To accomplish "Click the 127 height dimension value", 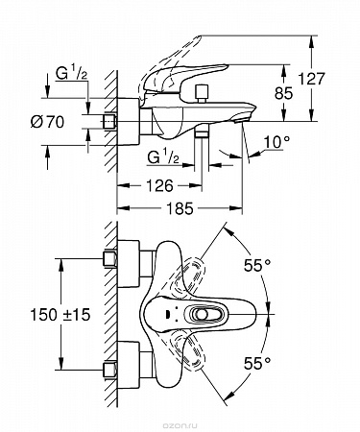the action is coord(311,79).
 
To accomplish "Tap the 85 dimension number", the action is coord(284,93).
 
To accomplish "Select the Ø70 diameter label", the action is coord(47,122).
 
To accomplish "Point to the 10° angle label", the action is coord(277,142).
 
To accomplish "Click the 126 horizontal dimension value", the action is coord(159,185).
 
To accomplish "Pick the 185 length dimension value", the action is coord(180,208).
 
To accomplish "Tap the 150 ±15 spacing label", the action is coord(60,315).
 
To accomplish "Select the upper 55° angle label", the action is coord(257,265).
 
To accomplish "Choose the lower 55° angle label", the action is coord(257,363).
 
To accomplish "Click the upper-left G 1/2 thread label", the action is coord(71,74).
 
